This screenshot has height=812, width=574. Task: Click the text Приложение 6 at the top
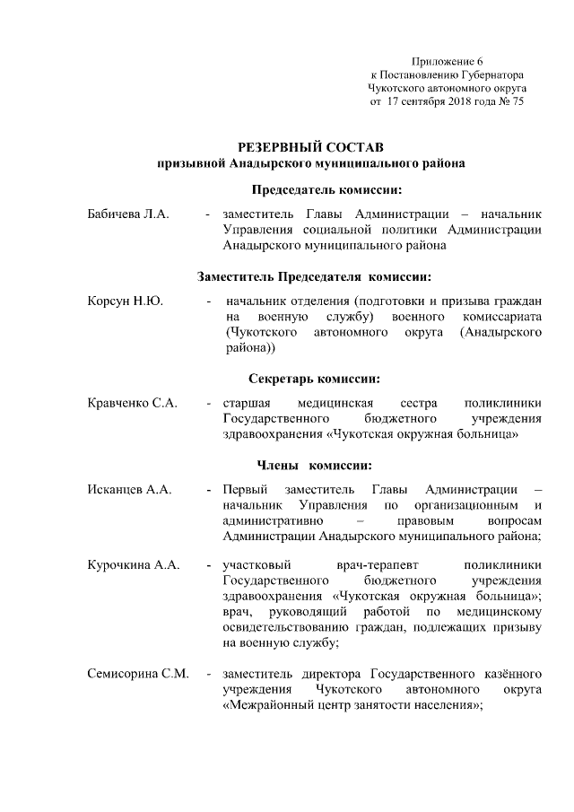445,60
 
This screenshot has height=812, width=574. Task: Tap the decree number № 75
510,102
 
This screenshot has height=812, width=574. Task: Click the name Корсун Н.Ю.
125,301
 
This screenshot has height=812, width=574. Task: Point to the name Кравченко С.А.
132,403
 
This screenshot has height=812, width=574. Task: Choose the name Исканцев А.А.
129,489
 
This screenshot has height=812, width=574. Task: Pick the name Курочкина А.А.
134,565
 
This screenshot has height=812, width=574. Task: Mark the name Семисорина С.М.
137,673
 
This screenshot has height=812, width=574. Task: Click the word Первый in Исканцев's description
244,489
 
